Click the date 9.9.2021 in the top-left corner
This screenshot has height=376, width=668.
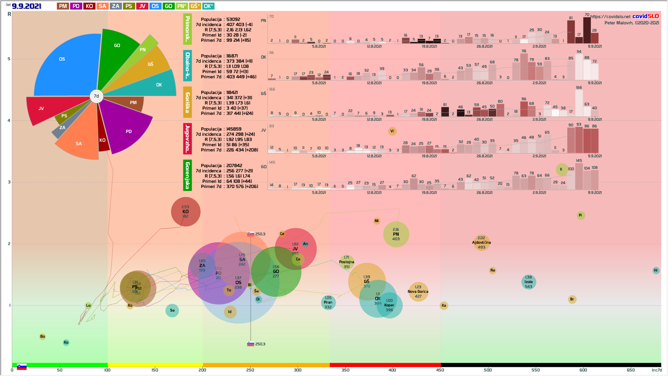[x=26, y=6]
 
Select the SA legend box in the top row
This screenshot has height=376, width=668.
[x=102, y=6]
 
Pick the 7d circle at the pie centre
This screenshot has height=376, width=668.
[x=96, y=96]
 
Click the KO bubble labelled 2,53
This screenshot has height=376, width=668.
[x=185, y=212]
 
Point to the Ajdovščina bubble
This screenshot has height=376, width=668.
[x=481, y=243]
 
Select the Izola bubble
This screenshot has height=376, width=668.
[x=528, y=282]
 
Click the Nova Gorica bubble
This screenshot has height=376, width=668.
[x=418, y=292]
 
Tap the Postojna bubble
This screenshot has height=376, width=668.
[x=347, y=262]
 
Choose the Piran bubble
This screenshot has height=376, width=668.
[x=328, y=303]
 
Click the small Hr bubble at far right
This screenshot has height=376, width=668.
[x=656, y=271]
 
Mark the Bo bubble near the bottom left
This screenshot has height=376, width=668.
[x=42, y=337]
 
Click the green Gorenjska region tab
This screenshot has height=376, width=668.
[x=188, y=175]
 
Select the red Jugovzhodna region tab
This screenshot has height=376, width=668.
[x=188, y=139]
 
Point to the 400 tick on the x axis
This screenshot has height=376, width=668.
[x=392, y=370]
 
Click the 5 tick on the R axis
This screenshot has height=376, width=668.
[x=9, y=59]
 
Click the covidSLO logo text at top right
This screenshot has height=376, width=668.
[x=645, y=16]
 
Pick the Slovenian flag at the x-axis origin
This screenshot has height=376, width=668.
[x=22, y=367]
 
